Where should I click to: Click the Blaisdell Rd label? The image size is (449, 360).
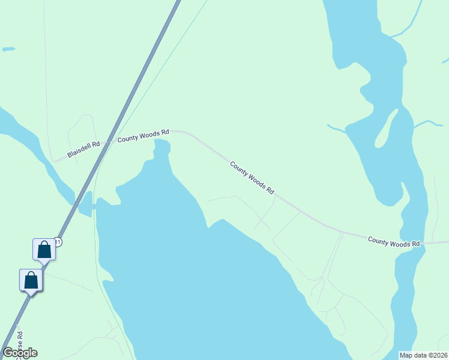(83, 149)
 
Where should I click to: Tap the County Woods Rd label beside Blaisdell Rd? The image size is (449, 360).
(143, 136)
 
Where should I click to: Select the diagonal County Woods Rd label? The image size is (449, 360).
(252, 177)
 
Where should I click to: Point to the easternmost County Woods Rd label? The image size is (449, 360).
(394, 242)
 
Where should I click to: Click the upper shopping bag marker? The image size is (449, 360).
(44, 249)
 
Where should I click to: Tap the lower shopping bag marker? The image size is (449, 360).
(31, 280)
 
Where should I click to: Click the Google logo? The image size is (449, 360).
(20, 353)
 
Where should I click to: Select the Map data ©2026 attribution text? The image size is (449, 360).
(423, 355)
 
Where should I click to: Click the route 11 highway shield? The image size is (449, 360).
(58, 241)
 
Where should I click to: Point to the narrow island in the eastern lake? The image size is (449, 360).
(385, 129)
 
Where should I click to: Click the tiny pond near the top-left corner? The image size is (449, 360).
(8, 49)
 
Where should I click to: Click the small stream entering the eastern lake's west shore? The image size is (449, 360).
(336, 127)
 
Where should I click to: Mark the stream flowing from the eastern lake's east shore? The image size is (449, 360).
(427, 124)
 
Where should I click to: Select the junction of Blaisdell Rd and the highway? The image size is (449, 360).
(109, 142)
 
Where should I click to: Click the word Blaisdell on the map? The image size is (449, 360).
(80, 151)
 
